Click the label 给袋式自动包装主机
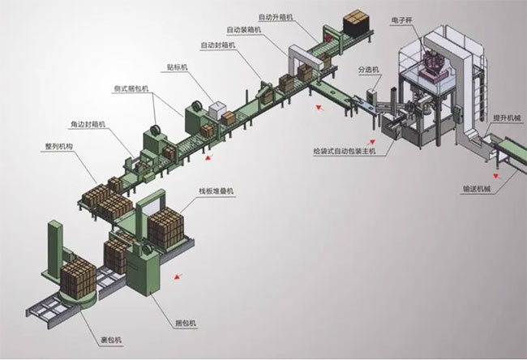344,151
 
